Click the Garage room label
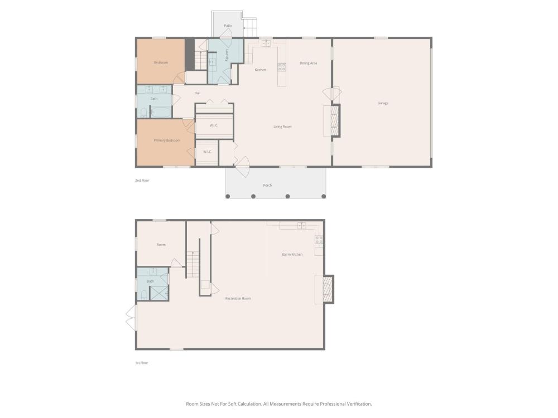pyautogui.click(x=383, y=103)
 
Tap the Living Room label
pyautogui.click(x=282, y=127)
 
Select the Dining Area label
pyautogui.click(x=308, y=64)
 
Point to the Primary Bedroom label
pyautogui.click(x=167, y=140)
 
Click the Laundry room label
pyautogui.click(x=227, y=55)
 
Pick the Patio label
pyautogui.click(x=228, y=26)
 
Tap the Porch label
pyautogui.click(x=268, y=185)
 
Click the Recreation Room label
pyautogui.click(x=238, y=299)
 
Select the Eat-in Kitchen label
pyautogui.click(x=292, y=255)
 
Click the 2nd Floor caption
pyautogui.click(x=142, y=181)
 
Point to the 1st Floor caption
pyautogui.click(x=142, y=363)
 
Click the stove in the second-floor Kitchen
pyautogui.click(x=282, y=67)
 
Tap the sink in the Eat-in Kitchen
pyautogui.click(x=302, y=225)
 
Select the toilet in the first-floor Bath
pyautogui.click(x=144, y=295)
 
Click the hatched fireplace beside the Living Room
pyautogui.click(x=335, y=120)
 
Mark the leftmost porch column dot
pyautogui.click(x=228, y=196)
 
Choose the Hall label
pyautogui.click(x=198, y=93)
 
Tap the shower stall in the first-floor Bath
pyautogui.click(x=158, y=293)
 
